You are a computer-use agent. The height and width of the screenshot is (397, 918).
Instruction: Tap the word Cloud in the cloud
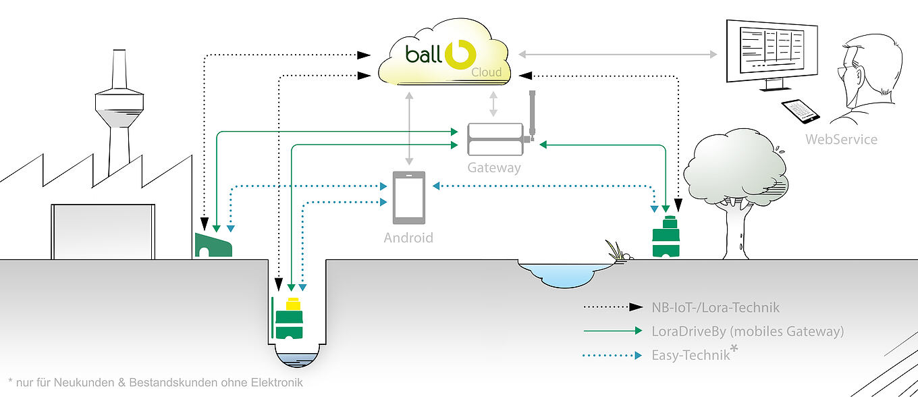pos(487,72)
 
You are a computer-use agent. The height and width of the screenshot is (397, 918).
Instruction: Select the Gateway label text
pos(494,167)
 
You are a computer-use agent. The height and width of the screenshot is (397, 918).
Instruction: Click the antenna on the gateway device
pos(532,111)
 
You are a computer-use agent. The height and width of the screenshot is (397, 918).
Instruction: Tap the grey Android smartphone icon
pos(409,197)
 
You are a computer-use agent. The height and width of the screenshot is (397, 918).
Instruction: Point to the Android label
pos(408,238)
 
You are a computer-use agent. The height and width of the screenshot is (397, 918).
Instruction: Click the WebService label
pos(841,140)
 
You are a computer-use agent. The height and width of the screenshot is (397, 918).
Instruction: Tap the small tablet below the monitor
pos(801,111)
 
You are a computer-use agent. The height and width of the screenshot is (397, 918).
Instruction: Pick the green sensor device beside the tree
pos(666,237)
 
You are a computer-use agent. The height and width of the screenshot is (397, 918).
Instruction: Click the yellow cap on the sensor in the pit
pos(294,305)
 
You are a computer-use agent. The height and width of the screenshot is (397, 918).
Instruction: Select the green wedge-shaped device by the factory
pos(213,245)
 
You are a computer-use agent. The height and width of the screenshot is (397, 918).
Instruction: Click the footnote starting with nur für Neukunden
pos(156,382)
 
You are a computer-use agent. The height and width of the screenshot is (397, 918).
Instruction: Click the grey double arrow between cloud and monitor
pos(618,54)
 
